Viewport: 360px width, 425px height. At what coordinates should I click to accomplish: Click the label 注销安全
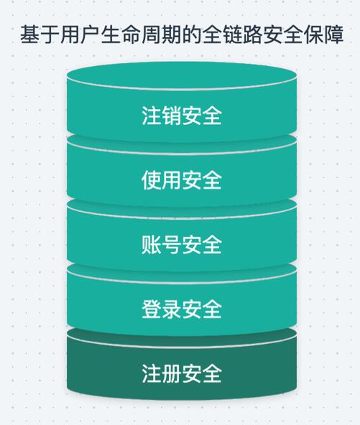(x=182, y=116)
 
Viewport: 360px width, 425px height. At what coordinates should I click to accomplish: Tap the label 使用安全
(x=182, y=180)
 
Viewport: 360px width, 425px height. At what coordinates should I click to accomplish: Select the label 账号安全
(x=182, y=245)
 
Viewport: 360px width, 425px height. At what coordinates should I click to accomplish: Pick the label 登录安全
(x=182, y=309)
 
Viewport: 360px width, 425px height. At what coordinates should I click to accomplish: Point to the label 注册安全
(x=182, y=373)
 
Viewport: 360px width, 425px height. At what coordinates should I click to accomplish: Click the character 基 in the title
(x=30, y=34)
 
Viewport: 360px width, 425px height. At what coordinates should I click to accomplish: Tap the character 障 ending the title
(x=333, y=34)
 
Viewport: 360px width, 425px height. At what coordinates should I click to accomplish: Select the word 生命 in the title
(x=121, y=34)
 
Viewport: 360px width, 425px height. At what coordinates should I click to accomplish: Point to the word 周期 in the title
(x=162, y=34)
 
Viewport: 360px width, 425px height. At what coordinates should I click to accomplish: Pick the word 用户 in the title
(x=81, y=34)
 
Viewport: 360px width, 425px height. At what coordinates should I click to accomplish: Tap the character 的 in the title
(x=192, y=34)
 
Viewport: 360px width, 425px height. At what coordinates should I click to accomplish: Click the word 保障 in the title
(x=323, y=34)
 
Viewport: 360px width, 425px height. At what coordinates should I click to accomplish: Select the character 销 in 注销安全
(x=172, y=116)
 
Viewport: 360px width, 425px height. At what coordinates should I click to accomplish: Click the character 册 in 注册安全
(x=172, y=373)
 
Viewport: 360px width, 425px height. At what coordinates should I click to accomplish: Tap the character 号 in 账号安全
(x=172, y=245)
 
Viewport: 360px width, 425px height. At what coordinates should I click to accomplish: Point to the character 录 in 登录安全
(x=172, y=309)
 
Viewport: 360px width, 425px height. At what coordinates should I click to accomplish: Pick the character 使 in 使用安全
(x=152, y=180)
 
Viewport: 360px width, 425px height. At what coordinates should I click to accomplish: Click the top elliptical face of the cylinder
(x=182, y=76)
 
